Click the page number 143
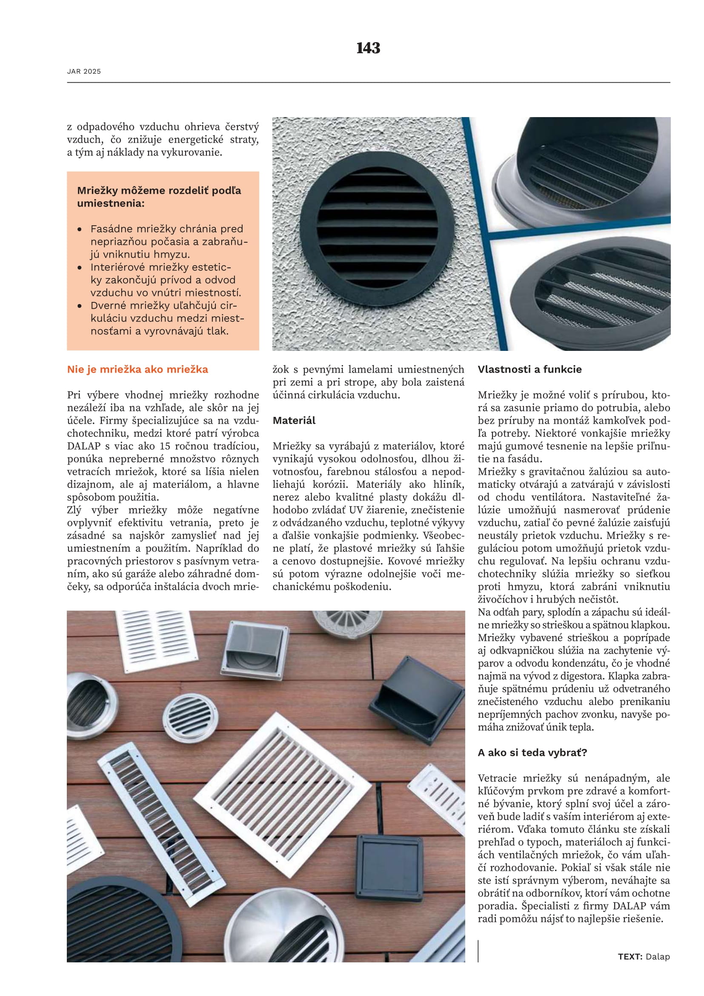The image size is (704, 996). pos(368,48)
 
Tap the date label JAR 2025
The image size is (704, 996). pos(84,72)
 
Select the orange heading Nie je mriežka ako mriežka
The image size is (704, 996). pos(137,369)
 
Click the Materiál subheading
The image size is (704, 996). pos(294,420)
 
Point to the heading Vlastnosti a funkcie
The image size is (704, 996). pos(529,369)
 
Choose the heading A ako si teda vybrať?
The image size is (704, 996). pos(532,752)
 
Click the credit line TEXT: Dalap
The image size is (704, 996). pos(644,956)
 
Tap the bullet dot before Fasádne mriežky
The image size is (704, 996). pos(80,230)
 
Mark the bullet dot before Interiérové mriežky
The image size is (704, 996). pos(80,268)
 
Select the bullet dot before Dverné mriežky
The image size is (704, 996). pos(80,306)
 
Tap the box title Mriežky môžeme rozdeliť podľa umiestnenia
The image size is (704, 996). pos(159,196)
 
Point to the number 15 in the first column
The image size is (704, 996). pos(165,446)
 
